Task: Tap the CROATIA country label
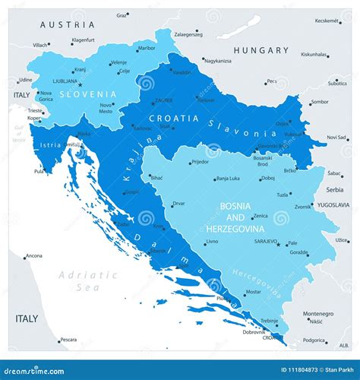174,119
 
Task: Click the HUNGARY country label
261,51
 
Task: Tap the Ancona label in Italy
34,256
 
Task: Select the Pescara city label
68,340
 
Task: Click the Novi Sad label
336,137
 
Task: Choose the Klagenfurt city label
84,40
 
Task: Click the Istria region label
51,143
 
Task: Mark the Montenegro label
318,313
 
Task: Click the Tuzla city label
283,195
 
